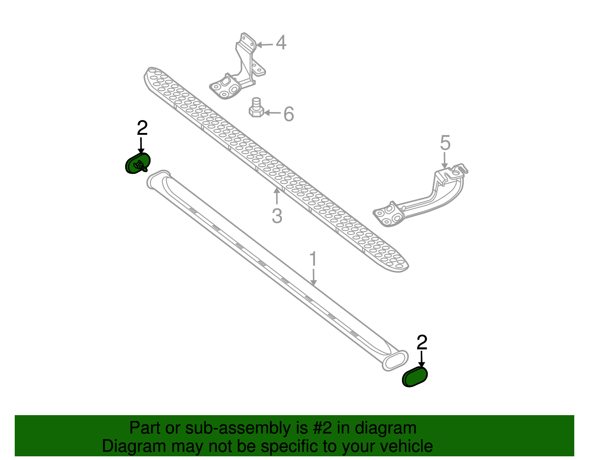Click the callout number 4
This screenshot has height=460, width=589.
click(281, 43)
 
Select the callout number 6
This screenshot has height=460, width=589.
click(289, 114)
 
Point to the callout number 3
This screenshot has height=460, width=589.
click(277, 216)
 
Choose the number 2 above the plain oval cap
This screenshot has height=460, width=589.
click(422, 342)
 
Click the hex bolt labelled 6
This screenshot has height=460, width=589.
click(256, 108)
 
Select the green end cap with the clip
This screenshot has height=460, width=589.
click(138, 163)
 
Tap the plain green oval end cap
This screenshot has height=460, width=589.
click(415, 376)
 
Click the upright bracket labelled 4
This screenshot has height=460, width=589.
click(238, 66)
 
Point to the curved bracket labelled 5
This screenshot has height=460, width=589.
click(420, 195)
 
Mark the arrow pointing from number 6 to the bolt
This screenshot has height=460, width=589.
click(272, 113)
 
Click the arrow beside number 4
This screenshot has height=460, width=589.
click(264, 45)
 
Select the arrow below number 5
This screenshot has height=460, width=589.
click(445, 160)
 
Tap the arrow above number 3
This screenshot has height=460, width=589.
click(276, 196)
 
